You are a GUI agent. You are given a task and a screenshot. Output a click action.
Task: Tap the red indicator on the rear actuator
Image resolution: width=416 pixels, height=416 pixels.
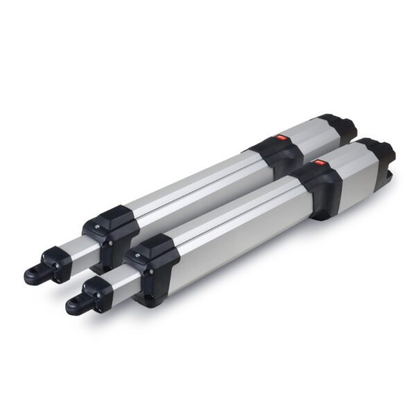tap(282, 138)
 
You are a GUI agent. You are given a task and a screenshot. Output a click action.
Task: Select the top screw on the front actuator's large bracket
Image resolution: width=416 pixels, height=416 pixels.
tap(139, 254)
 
